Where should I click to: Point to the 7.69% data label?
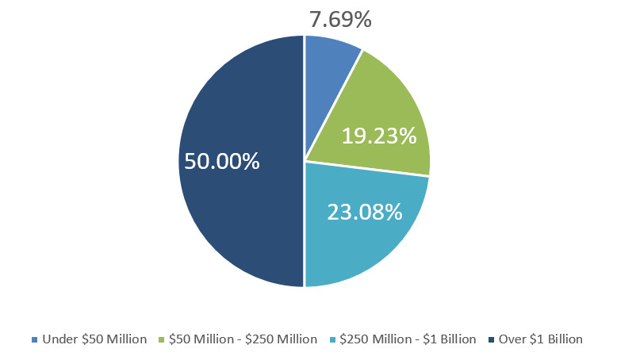(340, 19)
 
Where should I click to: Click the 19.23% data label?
(379, 136)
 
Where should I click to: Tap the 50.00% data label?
(222, 161)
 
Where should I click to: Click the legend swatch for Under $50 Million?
(35, 339)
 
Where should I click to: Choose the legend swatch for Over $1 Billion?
(492, 339)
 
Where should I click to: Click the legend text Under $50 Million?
(95, 339)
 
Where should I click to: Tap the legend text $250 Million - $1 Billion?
(408, 339)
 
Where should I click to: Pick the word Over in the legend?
(512, 339)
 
